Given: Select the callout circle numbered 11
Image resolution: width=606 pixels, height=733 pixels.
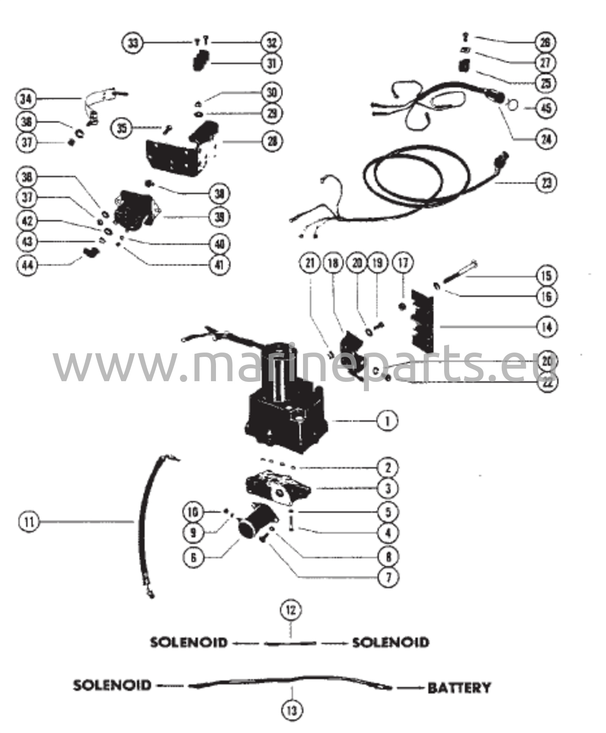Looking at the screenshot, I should [x=28, y=522].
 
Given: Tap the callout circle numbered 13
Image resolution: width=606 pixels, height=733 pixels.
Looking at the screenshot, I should [x=292, y=710].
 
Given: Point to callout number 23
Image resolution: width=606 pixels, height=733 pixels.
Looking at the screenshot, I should [x=546, y=183].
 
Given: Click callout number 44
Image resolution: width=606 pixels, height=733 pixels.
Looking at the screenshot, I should [x=28, y=265].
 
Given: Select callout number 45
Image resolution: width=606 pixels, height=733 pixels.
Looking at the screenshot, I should [x=546, y=108].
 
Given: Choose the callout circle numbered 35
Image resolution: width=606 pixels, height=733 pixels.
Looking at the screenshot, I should [x=122, y=128].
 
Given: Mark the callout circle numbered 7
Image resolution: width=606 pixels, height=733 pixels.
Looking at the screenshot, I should [x=388, y=577].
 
